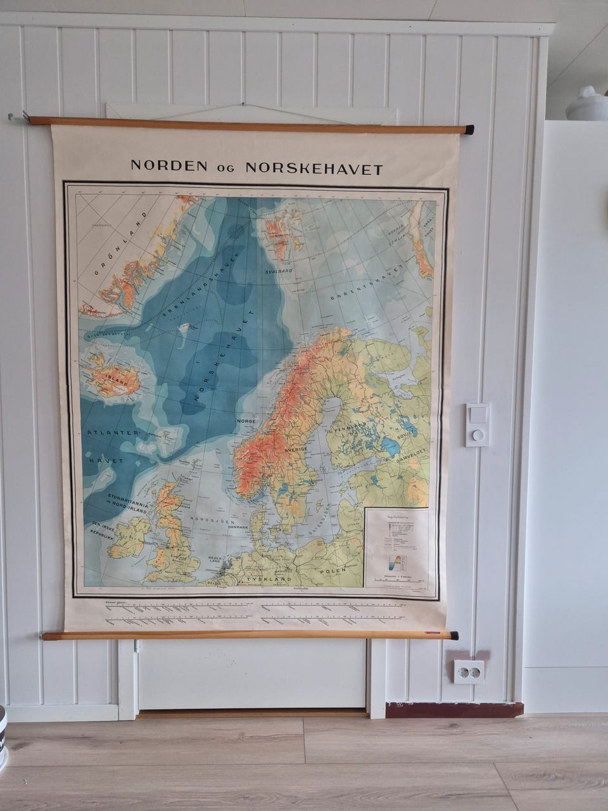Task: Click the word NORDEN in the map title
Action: (168, 167)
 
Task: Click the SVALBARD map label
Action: (278, 271)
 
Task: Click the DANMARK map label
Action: (238, 527)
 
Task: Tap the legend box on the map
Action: (396, 546)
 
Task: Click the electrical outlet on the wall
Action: (468, 672)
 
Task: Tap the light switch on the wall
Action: (477, 425)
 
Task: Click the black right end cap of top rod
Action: (469, 130)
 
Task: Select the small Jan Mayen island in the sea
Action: (184, 328)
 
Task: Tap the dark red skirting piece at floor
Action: (454, 710)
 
